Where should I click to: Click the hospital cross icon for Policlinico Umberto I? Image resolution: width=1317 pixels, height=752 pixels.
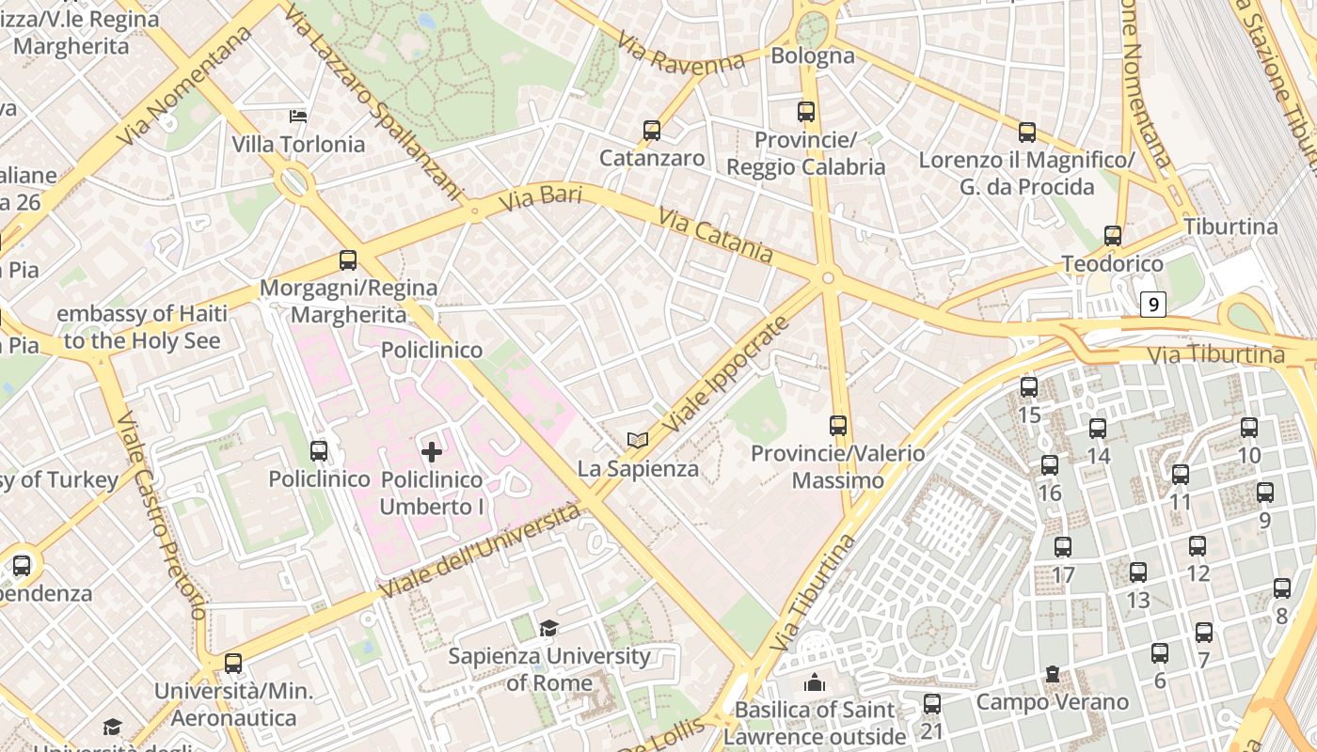click(432, 452)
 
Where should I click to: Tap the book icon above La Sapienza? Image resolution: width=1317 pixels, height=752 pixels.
click(638, 440)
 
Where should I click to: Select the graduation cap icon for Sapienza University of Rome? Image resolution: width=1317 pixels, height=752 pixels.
click(548, 628)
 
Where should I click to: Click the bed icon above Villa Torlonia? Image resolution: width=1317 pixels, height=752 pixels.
click(298, 117)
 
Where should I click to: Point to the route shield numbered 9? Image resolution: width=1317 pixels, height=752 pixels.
click(1153, 305)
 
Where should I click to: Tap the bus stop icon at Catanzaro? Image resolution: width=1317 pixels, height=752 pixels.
click(652, 131)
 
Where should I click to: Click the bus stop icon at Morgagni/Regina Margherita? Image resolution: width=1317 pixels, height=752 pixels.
click(348, 260)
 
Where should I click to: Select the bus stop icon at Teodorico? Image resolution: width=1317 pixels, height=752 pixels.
click(1113, 236)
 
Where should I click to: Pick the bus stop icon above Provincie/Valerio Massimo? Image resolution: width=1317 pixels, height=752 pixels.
click(838, 426)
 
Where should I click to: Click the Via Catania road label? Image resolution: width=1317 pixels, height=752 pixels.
click(716, 236)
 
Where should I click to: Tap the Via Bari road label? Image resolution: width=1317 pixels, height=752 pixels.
click(540, 198)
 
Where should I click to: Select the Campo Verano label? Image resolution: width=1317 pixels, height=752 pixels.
click(1052, 701)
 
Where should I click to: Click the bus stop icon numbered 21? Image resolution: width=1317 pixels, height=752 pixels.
click(932, 703)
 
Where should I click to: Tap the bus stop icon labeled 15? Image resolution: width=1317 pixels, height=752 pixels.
click(1029, 387)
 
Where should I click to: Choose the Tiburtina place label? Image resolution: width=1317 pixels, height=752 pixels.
click(1230, 227)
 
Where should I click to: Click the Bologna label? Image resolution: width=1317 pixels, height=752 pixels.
click(813, 55)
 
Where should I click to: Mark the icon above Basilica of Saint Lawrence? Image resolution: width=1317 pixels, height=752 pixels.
click(815, 682)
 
